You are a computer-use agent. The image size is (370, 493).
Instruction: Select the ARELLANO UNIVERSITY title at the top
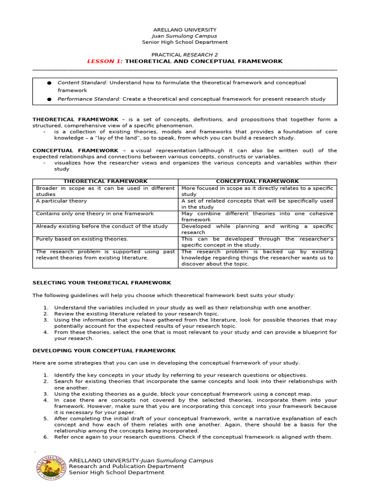(185, 30)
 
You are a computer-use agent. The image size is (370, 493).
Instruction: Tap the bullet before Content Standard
(49, 83)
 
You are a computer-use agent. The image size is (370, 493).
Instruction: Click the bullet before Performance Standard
(49, 99)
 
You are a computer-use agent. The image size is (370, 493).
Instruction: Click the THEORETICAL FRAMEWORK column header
(106, 182)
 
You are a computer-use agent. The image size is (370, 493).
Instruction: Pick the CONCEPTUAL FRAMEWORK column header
(257, 182)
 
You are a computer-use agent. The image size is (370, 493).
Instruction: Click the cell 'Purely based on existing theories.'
(82, 239)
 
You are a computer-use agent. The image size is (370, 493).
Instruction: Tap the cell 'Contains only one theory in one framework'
(95, 213)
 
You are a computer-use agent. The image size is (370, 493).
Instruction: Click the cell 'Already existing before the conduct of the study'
(102, 226)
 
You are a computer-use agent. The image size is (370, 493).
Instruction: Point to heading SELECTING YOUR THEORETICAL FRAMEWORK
(102, 283)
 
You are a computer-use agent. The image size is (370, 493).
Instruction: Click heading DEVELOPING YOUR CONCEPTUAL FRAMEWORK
(104, 351)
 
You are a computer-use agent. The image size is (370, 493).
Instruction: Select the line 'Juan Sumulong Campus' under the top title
(185, 36)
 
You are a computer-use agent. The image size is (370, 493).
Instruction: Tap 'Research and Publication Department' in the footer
(126, 466)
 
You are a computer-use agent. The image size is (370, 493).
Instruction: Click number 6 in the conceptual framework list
(45, 437)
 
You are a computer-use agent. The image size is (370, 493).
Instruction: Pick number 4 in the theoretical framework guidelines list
(45, 332)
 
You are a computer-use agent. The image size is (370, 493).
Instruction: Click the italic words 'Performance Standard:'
(89, 99)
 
